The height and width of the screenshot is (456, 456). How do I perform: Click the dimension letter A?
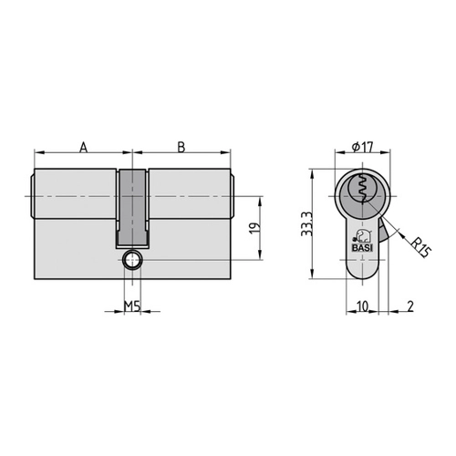(x=83, y=147)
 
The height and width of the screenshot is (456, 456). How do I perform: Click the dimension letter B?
(x=181, y=147)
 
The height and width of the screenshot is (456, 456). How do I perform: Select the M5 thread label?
(x=132, y=306)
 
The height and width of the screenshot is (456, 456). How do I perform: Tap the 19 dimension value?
(x=254, y=228)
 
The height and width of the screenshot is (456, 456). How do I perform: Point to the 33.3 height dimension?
(x=306, y=224)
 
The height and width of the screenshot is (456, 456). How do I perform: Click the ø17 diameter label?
(x=362, y=148)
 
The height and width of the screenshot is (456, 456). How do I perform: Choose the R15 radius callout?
(x=421, y=247)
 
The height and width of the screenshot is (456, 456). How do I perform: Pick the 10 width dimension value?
(x=362, y=306)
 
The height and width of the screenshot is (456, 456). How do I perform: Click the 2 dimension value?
(x=410, y=306)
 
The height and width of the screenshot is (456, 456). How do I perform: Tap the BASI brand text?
(x=362, y=248)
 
